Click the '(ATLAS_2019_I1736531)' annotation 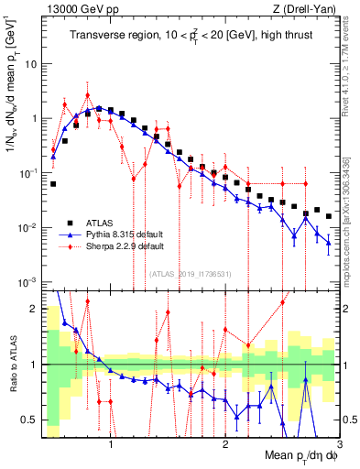coord(190,273)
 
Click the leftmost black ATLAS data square coord(53,184)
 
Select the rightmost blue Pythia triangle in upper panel coord(328,243)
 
